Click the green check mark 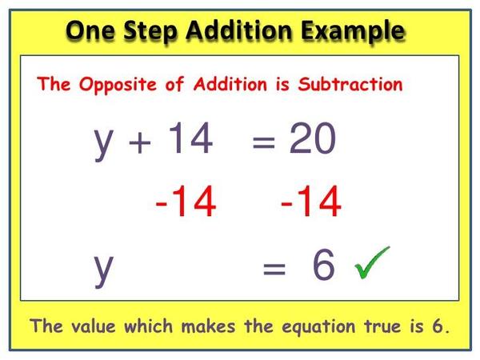coord(369,265)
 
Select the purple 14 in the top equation coord(190,142)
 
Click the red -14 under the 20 coord(310,203)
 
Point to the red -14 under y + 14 coord(186,203)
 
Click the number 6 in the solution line coord(324,266)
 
